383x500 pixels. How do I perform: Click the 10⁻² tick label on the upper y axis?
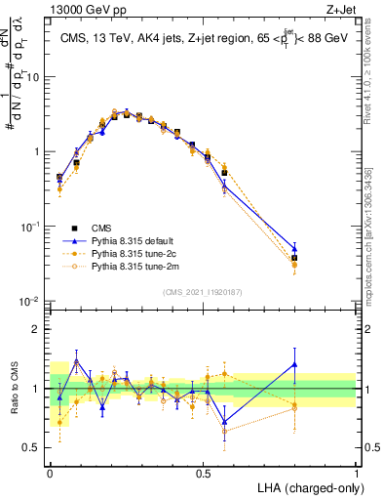(x=30, y=302)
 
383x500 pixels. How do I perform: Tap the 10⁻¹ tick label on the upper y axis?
(x=30, y=227)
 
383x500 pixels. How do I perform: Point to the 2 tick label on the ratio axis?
(x=38, y=329)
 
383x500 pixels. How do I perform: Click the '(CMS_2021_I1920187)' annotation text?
(x=203, y=291)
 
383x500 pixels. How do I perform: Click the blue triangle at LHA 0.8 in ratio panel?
(x=295, y=364)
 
